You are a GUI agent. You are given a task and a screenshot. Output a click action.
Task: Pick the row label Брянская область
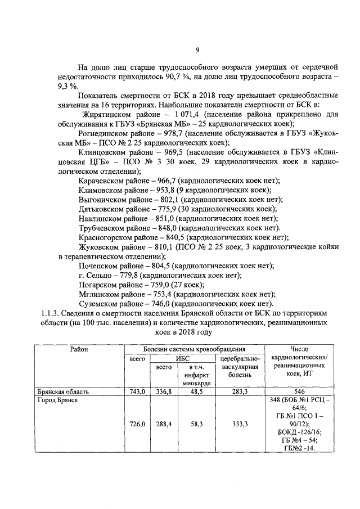point(62,391)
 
